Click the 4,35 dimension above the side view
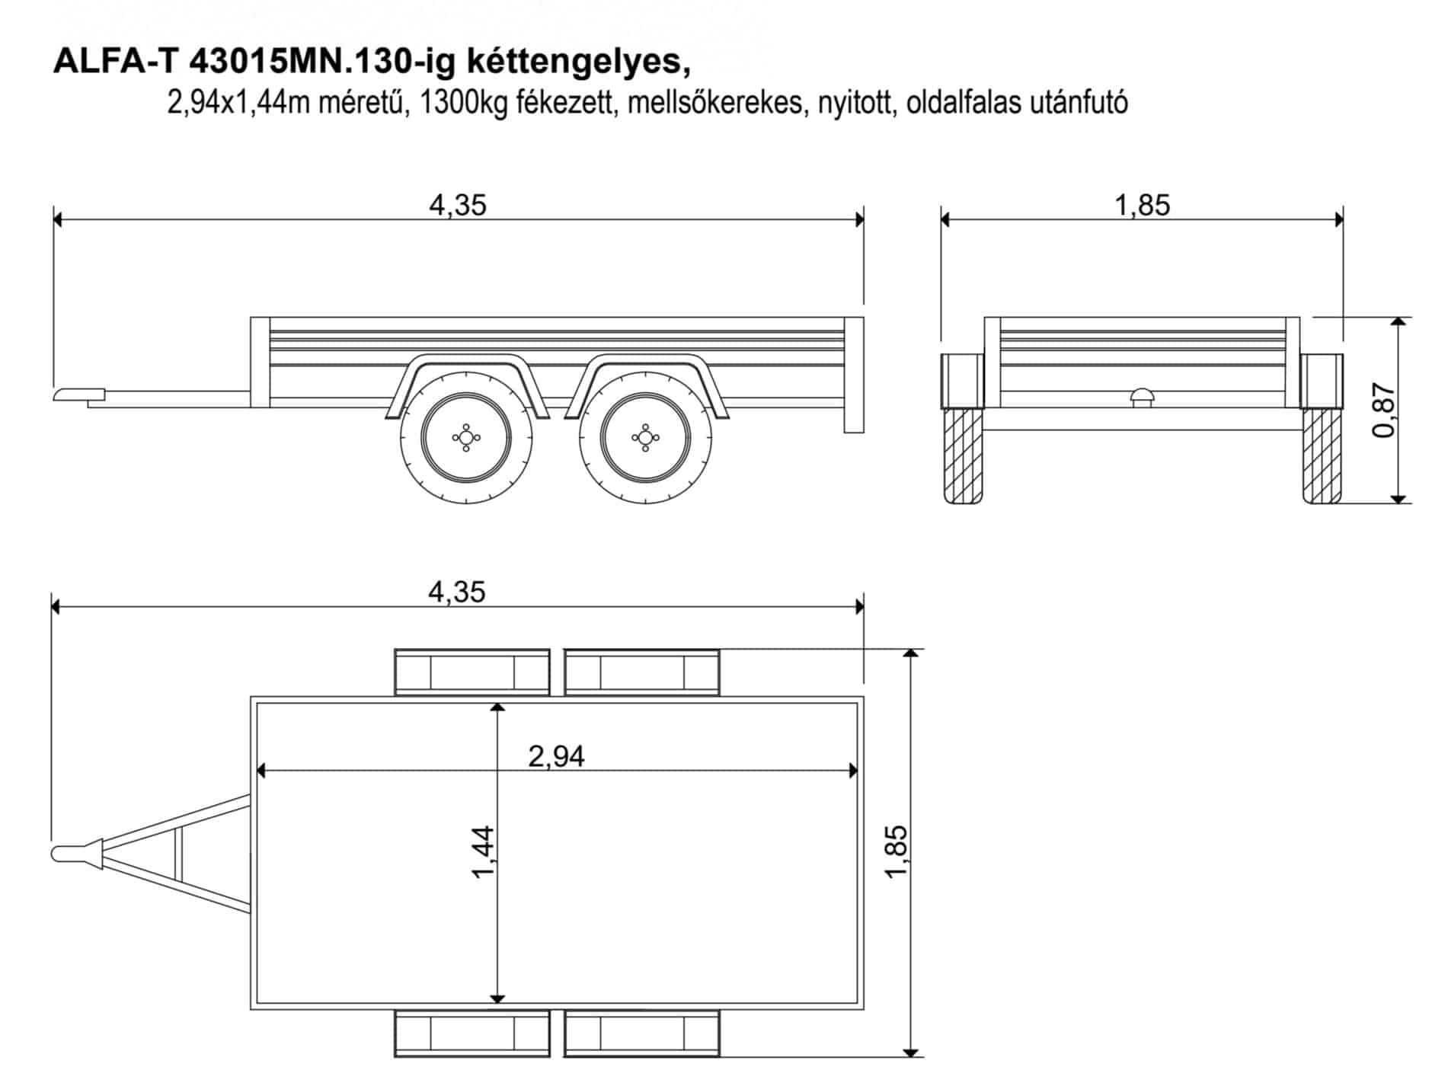458,206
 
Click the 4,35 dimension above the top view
457,593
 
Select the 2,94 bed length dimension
557,756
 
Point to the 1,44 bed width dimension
484,852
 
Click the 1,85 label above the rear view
1142,206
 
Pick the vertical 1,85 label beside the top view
897,851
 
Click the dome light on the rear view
1142,398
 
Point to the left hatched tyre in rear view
963,455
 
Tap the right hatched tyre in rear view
1322,455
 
